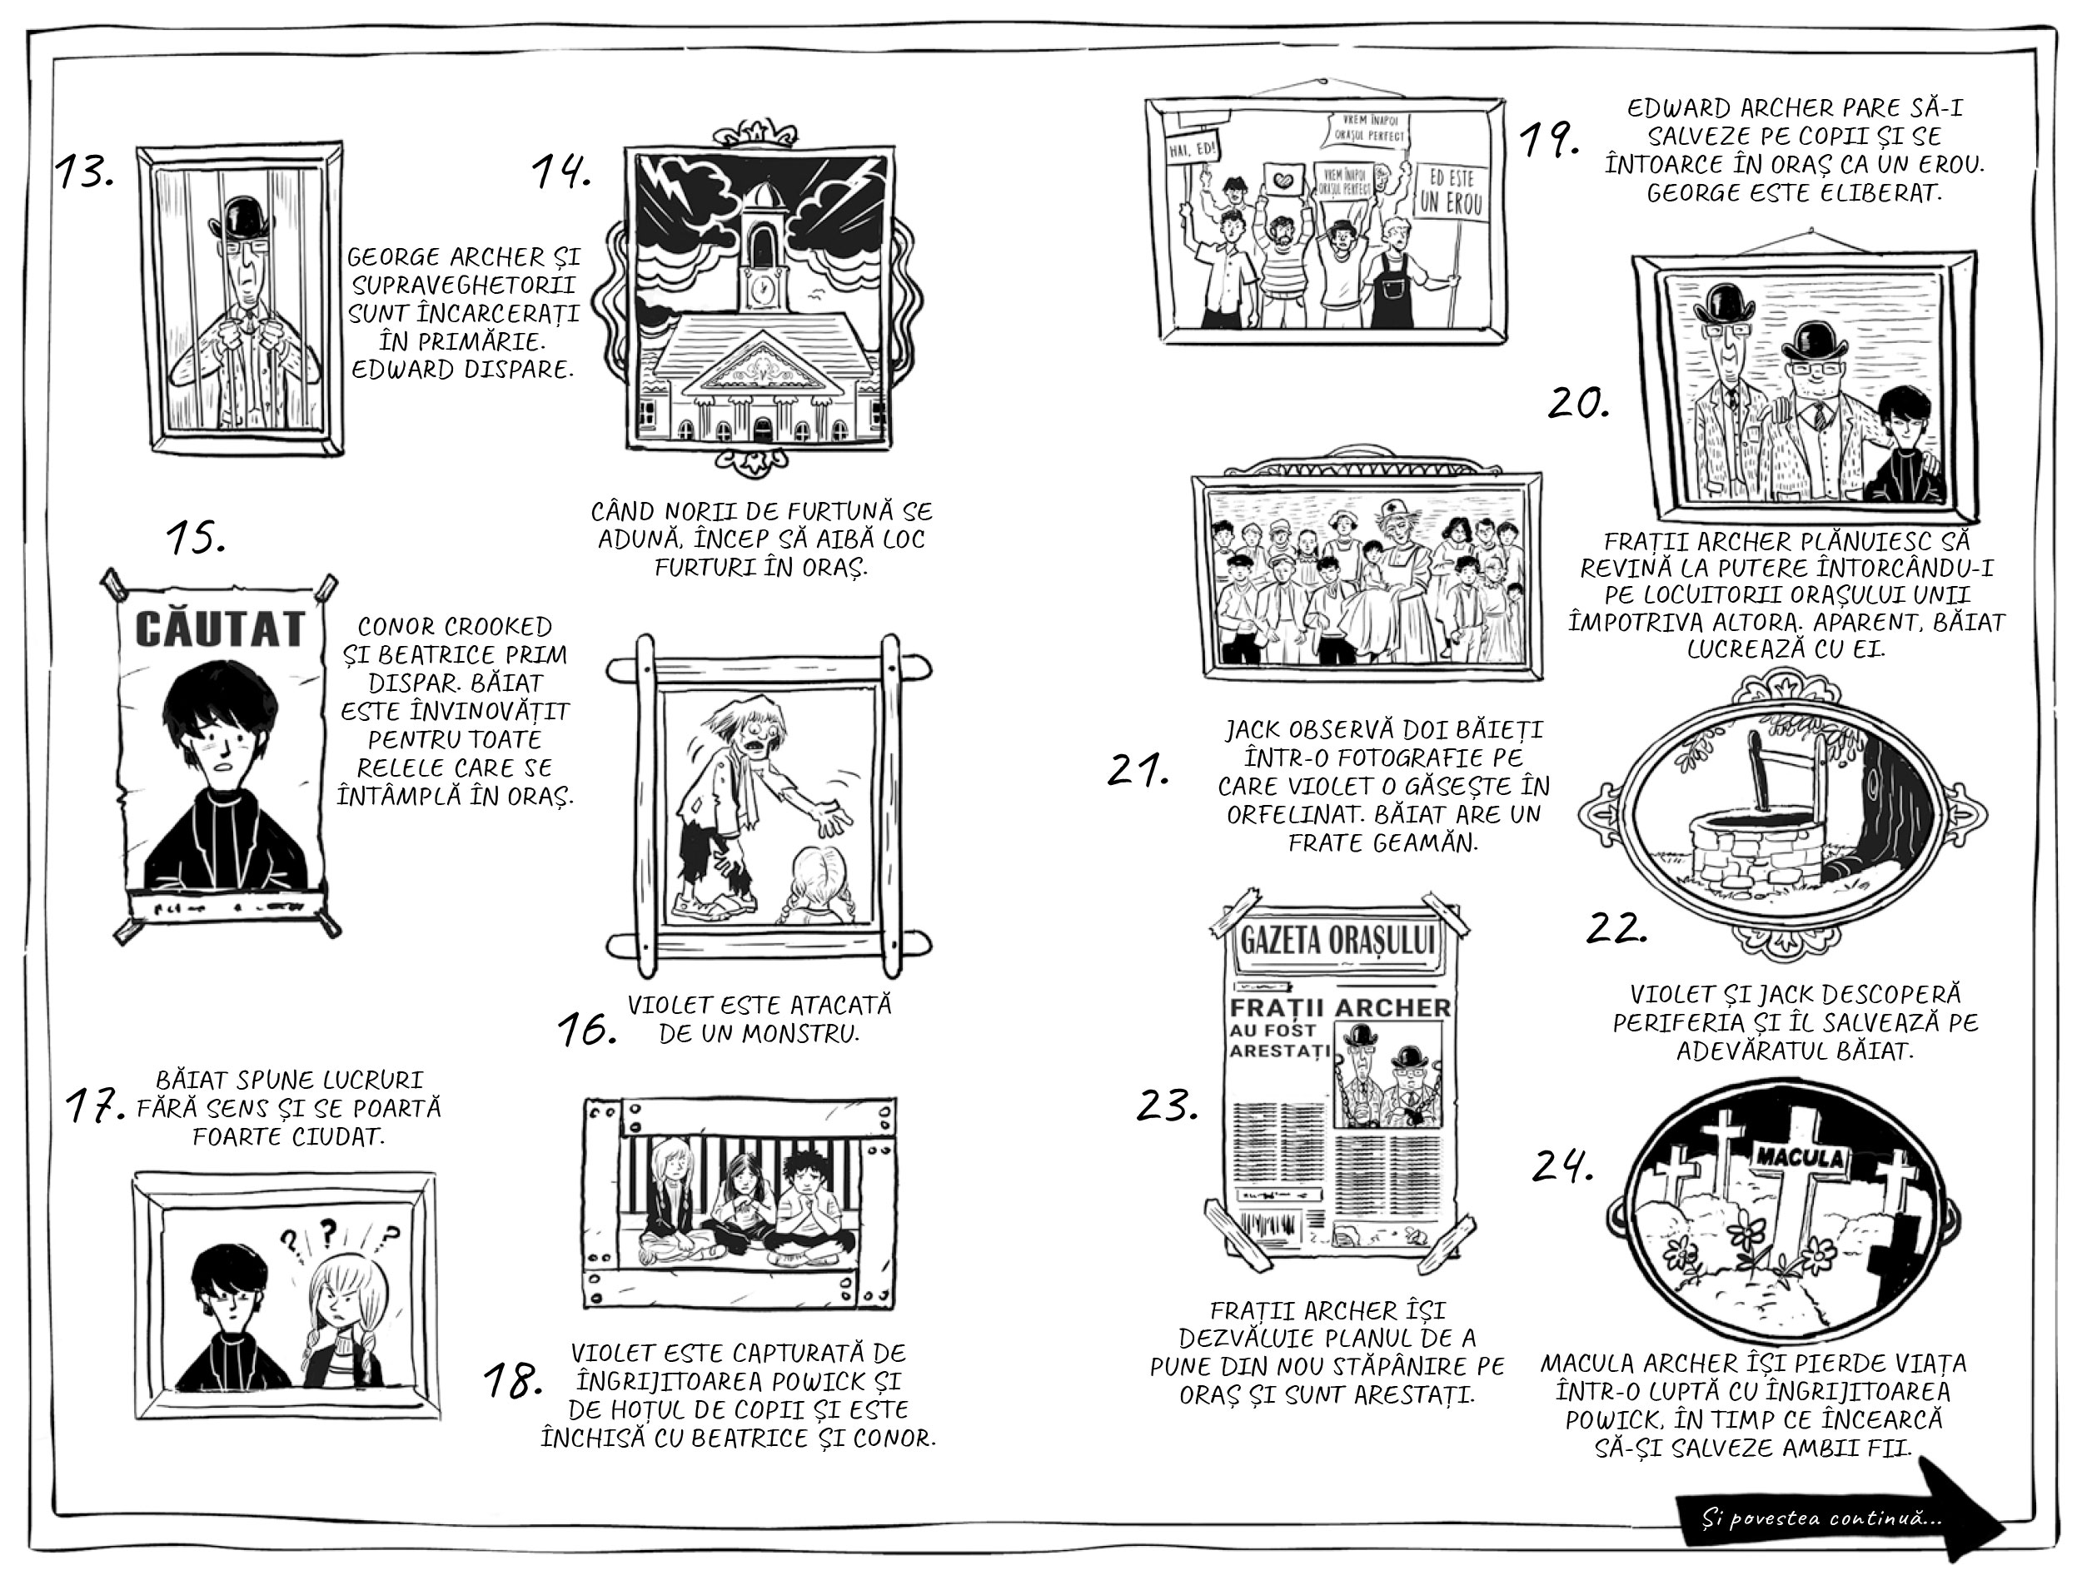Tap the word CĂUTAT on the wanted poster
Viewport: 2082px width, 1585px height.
[x=220, y=628]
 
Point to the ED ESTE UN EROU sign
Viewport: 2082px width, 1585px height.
[x=1450, y=191]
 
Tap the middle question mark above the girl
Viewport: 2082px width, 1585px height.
[x=327, y=1230]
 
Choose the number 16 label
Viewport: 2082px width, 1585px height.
[x=586, y=1031]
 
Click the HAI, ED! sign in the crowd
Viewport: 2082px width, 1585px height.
[x=1193, y=148]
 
